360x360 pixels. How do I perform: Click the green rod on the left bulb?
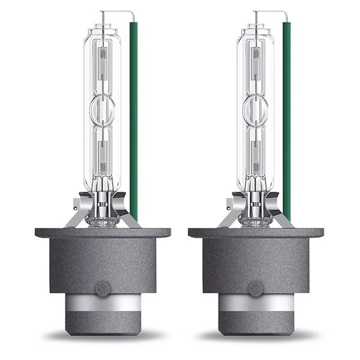click(x=133, y=120)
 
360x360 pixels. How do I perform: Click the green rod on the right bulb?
click(x=286, y=120)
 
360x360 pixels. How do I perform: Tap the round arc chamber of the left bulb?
click(x=102, y=109)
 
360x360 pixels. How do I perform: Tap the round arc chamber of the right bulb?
click(x=255, y=109)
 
